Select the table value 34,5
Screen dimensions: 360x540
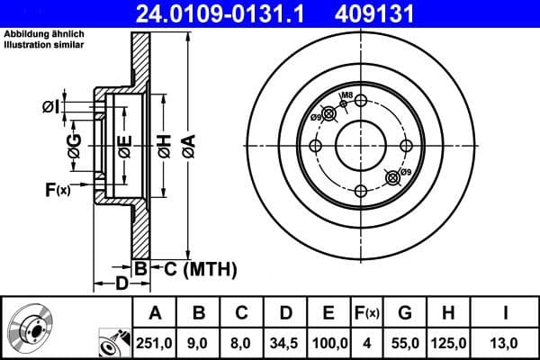pyautogui.click(x=285, y=342)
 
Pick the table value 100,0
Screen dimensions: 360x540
pyautogui.click(x=329, y=342)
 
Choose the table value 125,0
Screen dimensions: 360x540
pyautogui.click(x=447, y=342)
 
